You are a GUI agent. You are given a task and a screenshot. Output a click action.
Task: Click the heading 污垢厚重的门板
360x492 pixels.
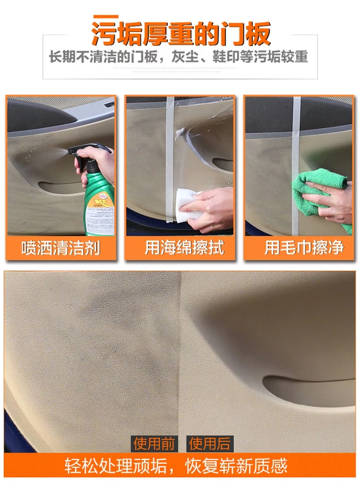(x=181, y=34)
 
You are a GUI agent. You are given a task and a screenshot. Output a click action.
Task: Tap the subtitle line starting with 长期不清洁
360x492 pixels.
(x=179, y=57)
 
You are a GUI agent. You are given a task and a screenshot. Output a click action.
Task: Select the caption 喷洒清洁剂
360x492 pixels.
(x=60, y=248)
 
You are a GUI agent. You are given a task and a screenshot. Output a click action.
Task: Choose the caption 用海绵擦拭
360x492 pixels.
(x=185, y=247)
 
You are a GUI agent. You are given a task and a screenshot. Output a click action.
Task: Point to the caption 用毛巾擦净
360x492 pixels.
(x=304, y=247)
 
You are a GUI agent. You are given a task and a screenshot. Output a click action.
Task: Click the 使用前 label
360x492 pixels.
(x=154, y=443)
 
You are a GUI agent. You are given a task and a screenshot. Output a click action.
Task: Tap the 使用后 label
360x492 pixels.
(x=209, y=443)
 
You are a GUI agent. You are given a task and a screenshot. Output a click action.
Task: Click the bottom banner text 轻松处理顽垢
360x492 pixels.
(x=116, y=466)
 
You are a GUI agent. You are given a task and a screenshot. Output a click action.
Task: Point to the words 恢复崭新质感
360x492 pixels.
(x=236, y=466)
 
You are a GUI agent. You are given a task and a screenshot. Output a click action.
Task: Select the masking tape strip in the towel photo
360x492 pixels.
(x=296, y=166)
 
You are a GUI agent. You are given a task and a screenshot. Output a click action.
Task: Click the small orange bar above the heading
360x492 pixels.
(x=106, y=17)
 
